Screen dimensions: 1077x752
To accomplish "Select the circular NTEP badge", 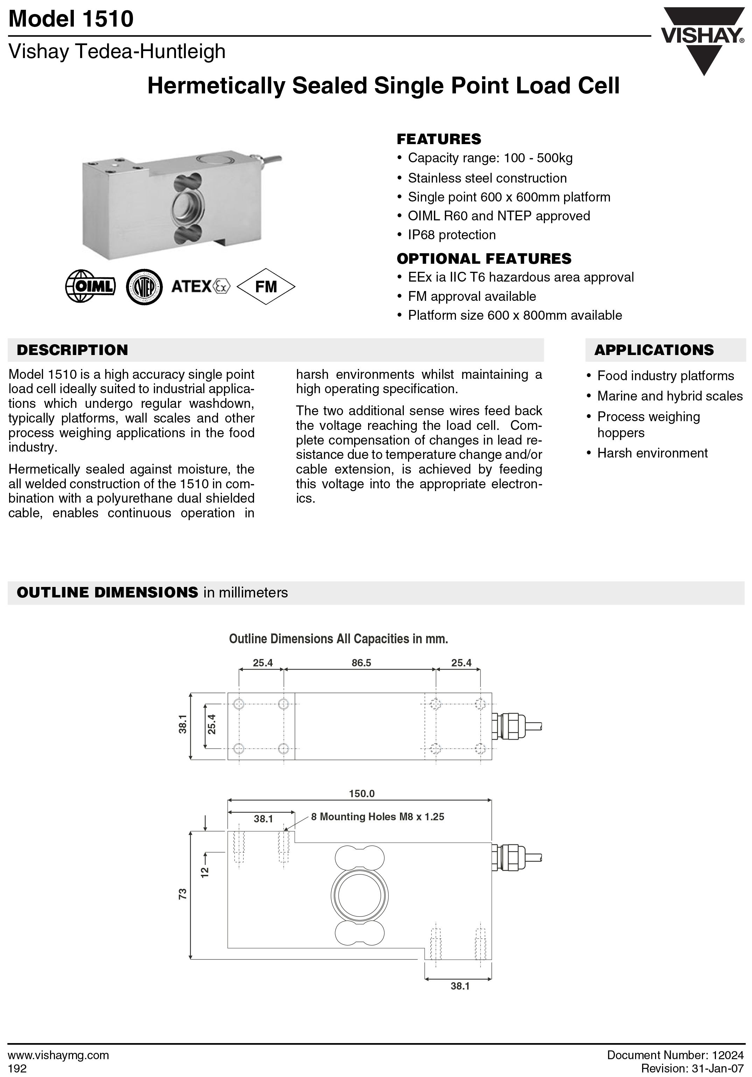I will pyautogui.click(x=145, y=286).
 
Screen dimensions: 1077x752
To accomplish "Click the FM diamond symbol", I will pyautogui.click(x=266, y=286).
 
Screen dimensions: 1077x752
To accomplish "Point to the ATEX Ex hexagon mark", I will pyautogui.click(x=222, y=286).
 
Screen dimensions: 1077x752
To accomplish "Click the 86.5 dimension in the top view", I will pyautogui.click(x=361, y=663).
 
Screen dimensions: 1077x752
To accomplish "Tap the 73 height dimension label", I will pyautogui.click(x=183, y=894).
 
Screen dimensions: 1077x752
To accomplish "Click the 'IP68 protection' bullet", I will pyautogui.click(x=451, y=235).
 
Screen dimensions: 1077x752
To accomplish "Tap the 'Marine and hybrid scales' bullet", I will pyautogui.click(x=669, y=396).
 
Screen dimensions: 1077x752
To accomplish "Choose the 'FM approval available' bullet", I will pyautogui.click(x=471, y=297).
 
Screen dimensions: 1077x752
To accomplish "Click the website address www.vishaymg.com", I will pyautogui.click(x=59, y=1055).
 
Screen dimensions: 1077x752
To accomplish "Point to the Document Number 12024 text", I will pyautogui.click(x=675, y=1055).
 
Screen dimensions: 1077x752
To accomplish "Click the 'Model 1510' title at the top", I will pyautogui.click(x=71, y=19).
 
